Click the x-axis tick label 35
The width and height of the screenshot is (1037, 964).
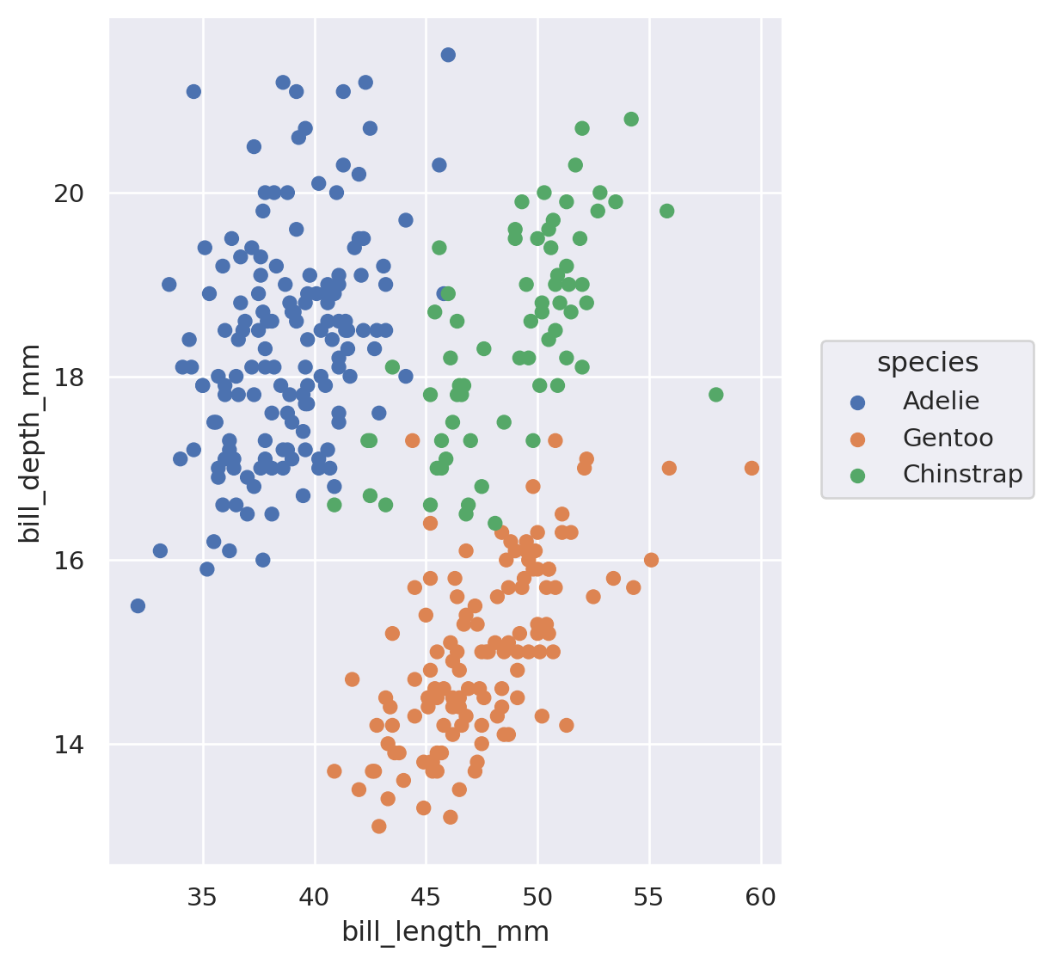203,898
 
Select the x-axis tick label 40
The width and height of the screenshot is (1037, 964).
315,898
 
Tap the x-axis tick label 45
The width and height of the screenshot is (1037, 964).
426,898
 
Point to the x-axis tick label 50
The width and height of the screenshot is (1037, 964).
537,898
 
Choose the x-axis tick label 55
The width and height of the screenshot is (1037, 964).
649,898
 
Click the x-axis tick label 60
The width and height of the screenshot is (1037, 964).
761,898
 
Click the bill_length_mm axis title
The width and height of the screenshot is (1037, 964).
445,932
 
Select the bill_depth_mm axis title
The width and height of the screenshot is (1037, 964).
31,443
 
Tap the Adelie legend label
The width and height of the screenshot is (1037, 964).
941,401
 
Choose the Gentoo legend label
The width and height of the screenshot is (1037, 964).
948,439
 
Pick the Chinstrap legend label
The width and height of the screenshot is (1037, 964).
962,475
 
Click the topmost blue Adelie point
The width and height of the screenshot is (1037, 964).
448,55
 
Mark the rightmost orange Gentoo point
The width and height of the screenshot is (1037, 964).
752,468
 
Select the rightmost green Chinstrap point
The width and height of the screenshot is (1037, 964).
715,395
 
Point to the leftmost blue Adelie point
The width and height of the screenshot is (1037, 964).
138,605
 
